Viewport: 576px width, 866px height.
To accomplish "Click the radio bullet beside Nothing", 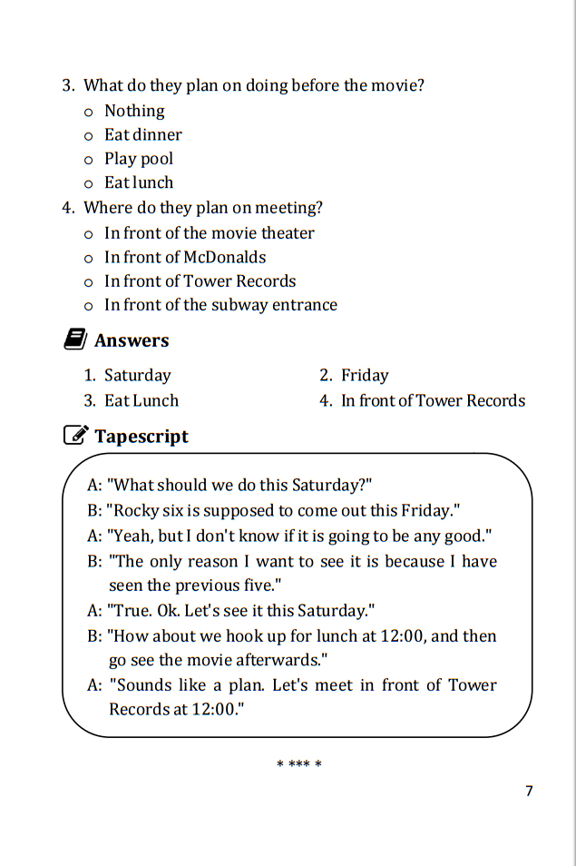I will (x=88, y=113).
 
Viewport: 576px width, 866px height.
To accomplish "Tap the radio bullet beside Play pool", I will (x=88, y=160).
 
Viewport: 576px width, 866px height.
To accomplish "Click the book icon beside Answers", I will (x=74, y=340).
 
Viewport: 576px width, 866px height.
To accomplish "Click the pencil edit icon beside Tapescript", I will (x=75, y=436).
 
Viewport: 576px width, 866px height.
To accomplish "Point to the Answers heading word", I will (x=132, y=341).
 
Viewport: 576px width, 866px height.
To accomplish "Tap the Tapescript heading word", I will (x=142, y=437).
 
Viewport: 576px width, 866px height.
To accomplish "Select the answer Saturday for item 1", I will (x=137, y=376).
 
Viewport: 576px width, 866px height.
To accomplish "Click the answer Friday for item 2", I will (x=365, y=376).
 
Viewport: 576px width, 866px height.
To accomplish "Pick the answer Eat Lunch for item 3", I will (x=142, y=401).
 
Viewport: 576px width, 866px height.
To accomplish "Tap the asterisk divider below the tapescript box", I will (x=298, y=764).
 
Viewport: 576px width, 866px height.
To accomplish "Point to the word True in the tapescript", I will (x=130, y=610).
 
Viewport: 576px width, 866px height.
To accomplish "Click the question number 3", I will (x=67, y=86).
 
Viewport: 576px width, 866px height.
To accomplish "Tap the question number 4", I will (x=67, y=208).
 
